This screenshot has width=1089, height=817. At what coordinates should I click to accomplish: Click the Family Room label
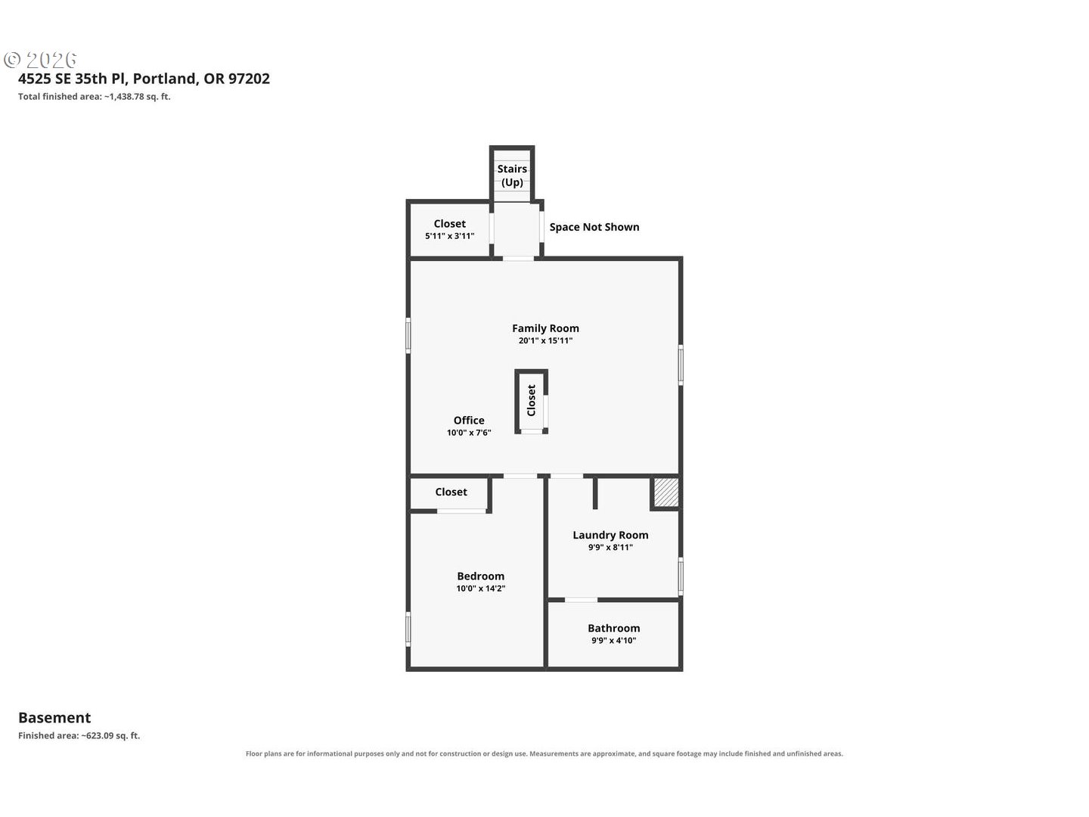(545, 328)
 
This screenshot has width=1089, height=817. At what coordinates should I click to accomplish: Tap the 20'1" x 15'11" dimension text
(545, 340)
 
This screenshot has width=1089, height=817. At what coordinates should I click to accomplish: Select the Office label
(469, 420)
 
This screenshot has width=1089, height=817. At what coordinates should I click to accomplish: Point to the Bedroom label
(481, 576)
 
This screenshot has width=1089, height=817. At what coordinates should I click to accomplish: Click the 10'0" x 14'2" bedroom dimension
(481, 589)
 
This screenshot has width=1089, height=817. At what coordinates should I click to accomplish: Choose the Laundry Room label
(610, 535)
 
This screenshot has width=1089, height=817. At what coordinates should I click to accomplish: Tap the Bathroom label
(614, 628)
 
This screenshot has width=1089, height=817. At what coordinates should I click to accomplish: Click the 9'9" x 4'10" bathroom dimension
(614, 641)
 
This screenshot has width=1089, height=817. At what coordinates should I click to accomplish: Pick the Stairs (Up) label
(512, 176)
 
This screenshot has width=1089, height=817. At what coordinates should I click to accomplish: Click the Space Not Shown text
(594, 227)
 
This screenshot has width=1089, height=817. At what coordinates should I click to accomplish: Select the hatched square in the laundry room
(665, 492)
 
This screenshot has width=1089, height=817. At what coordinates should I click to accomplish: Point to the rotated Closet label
(532, 400)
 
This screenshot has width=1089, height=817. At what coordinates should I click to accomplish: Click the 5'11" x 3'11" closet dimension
(449, 236)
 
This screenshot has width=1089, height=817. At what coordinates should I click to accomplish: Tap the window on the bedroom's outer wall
(408, 629)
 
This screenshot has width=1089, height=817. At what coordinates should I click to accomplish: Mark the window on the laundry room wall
(681, 576)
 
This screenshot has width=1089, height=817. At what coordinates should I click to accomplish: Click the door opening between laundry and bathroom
(581, 600)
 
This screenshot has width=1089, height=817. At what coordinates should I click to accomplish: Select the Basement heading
(54, 718)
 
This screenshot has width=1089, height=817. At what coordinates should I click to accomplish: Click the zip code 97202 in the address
(249, 79)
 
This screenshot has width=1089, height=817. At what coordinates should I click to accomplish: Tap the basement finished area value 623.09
(100, 735)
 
